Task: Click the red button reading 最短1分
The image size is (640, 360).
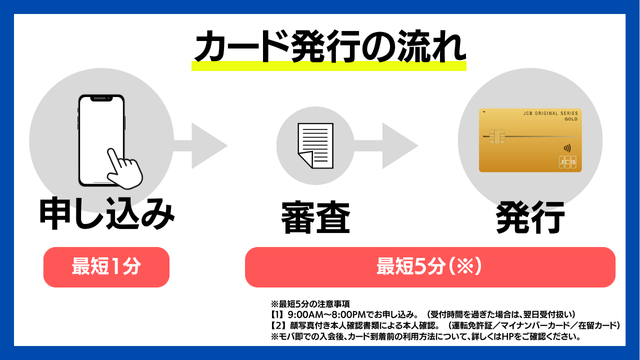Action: pos(105,267)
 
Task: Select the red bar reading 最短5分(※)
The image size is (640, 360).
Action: pos(428,267)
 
